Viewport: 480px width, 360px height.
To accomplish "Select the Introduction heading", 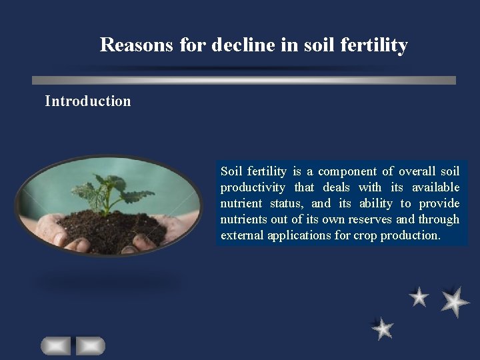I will (88, 101).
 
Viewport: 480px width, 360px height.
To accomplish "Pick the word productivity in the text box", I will (253, 187).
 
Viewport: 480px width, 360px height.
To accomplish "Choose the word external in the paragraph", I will (242, 235).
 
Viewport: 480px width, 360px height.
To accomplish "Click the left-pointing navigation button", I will (55, 345).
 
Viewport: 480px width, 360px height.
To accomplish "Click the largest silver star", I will (455, 301).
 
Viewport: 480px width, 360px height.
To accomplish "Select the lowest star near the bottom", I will (383, 328).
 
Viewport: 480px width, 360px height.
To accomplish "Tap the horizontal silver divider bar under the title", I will (244, 80).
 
